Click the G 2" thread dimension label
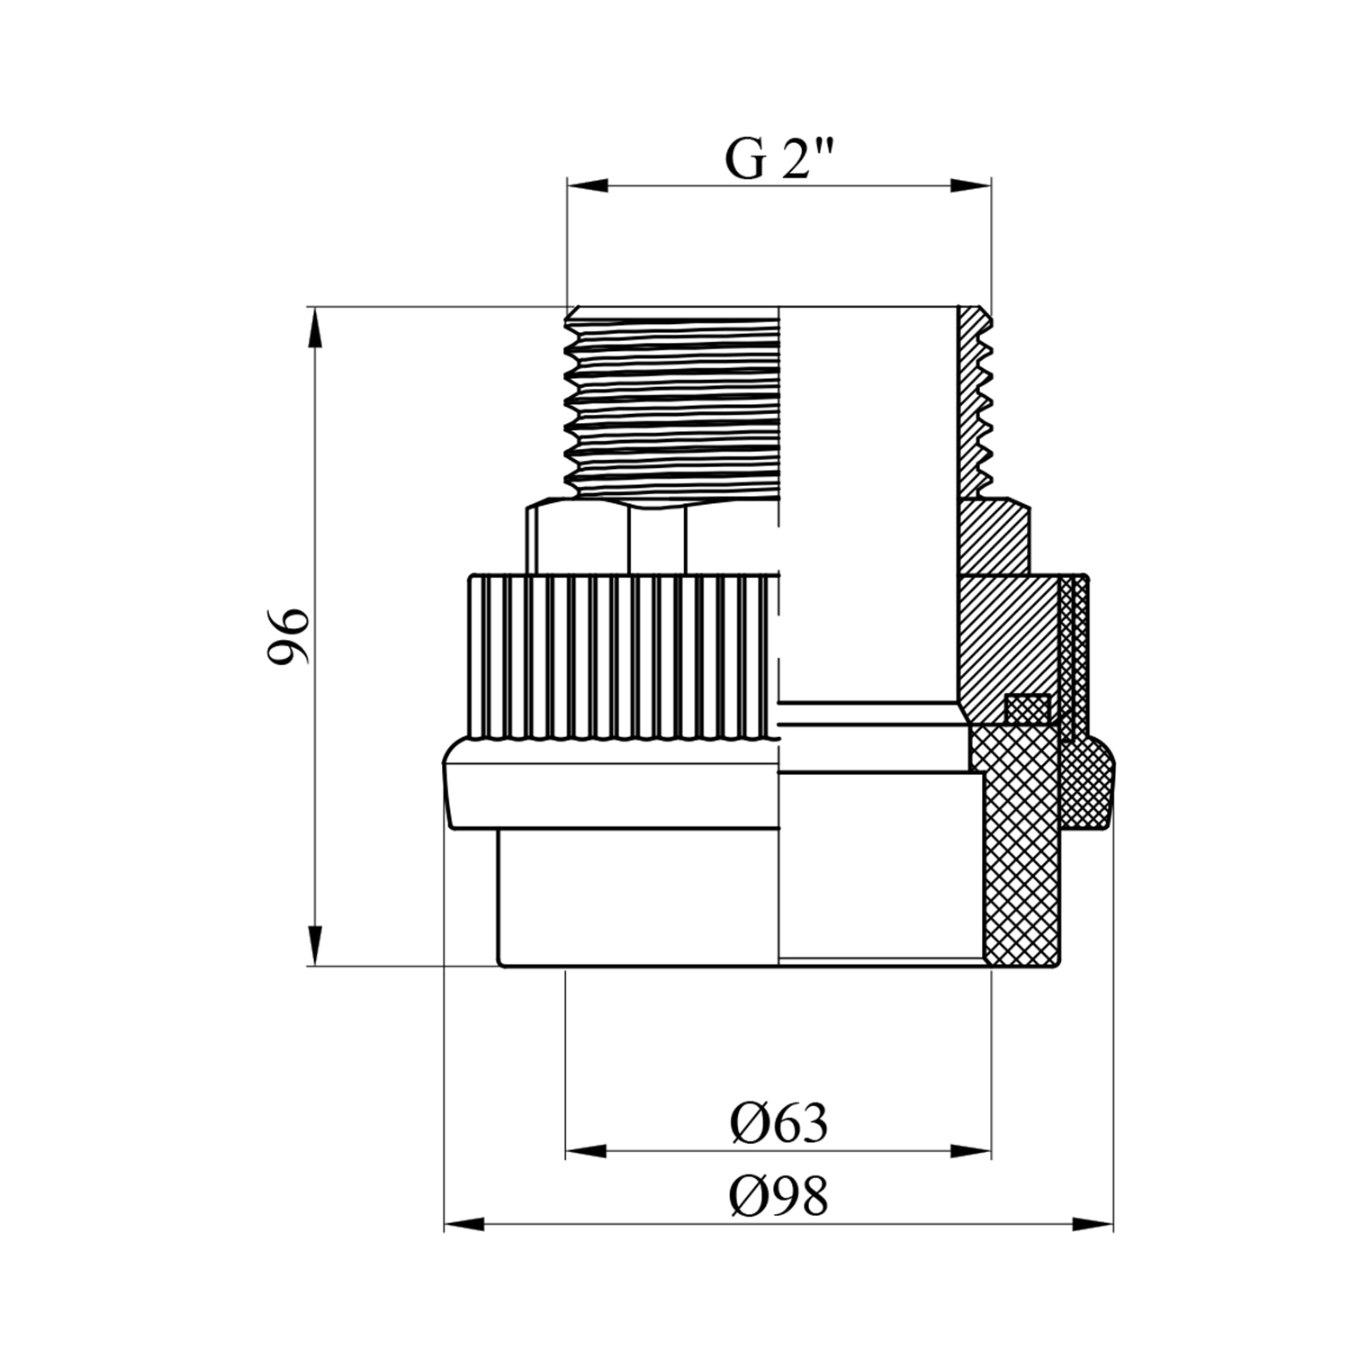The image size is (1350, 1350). tap(780, 160)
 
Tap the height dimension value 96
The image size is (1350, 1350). tap(289, 635)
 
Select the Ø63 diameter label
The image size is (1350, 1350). tap(779, 1123)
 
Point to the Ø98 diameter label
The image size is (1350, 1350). tap(779, 1197)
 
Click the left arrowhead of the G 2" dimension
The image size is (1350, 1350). tap(587, 186)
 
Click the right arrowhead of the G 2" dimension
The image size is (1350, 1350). tap(971, 186)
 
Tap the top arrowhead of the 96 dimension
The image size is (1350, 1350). tap(314, 328)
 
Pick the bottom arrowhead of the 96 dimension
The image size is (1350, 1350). tap(314, 946)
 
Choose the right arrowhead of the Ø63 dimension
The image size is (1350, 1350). tap(971, 1151)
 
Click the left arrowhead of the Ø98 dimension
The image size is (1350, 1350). tap(464, 1224)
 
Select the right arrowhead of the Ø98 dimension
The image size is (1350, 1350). tap(1093, 1224)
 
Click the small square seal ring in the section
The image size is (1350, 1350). tap(1027, 708)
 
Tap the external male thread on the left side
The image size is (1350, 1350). tap(670, 402)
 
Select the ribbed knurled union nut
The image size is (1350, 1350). tap(622, 657)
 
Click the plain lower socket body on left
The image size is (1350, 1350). tap(638, 896)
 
